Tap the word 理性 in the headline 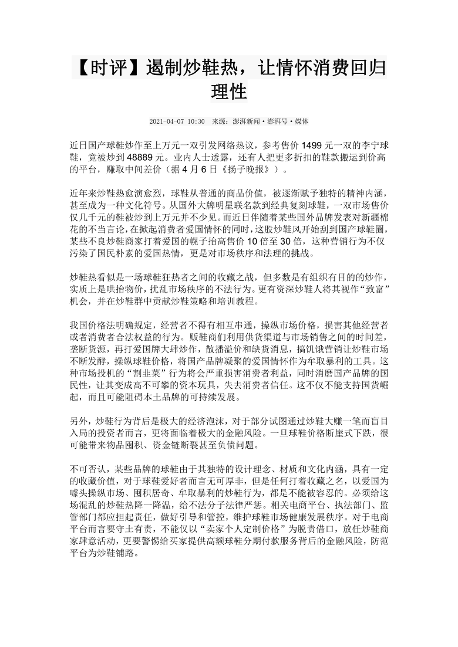228,91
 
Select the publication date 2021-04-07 166,121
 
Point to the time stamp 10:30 196,121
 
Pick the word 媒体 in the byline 299,121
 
